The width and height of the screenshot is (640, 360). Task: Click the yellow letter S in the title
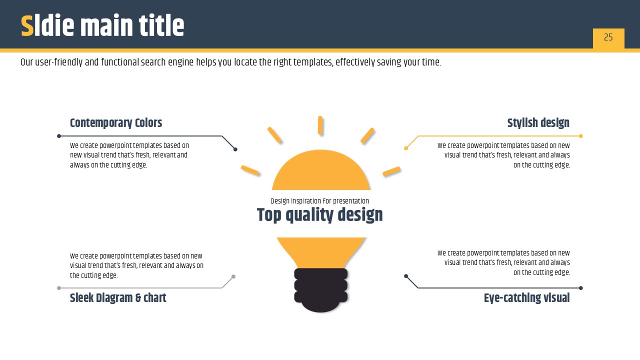27,25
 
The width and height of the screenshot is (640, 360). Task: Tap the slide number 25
608,37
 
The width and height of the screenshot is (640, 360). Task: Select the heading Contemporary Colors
115,123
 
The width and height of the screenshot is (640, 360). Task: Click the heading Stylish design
538,123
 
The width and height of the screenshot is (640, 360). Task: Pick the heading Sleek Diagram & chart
118,297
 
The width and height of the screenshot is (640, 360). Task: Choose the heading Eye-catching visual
526,297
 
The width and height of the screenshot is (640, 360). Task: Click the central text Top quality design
319,215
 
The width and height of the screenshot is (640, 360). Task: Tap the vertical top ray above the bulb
320,125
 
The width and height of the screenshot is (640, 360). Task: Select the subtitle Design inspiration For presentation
319,201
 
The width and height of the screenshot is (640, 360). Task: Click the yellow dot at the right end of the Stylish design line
581,136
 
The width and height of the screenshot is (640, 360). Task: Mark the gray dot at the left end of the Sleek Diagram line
59,288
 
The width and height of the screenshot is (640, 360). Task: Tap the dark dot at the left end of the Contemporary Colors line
59,136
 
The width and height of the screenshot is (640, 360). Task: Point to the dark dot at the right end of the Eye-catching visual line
581,288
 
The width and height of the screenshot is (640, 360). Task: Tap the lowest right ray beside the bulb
391,171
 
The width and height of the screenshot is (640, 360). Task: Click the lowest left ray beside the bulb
250,170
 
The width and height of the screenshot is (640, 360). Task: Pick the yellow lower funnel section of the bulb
321,252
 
